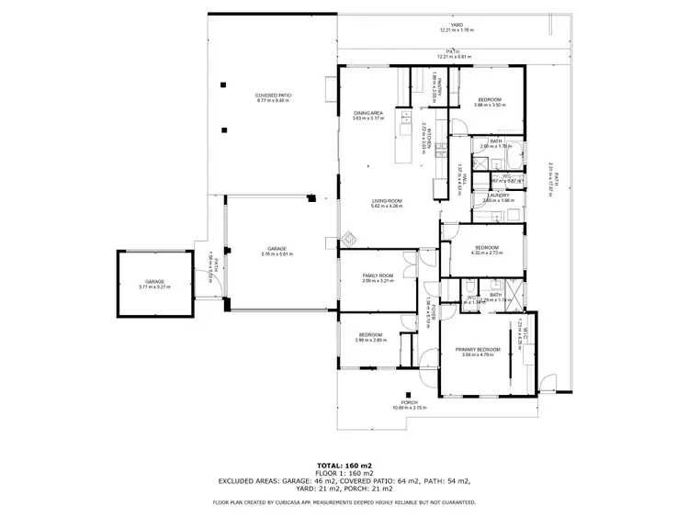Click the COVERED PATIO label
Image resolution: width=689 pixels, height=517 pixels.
pyautogui.click(x=272, y=96)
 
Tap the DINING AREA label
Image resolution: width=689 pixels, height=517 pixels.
pyautogui.click(x=367, y=112)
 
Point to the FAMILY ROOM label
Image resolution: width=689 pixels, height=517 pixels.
pyautogui.click(x=378, y=275)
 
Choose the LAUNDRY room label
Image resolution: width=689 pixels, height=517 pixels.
pyautogui.click(x=499, y=195)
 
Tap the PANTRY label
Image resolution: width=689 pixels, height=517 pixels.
pyautogui.click(x=440, y=84)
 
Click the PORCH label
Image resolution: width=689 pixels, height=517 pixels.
pyautogui.click(x=410, y=402)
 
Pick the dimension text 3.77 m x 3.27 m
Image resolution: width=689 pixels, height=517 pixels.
pyautogui.click(x=154, y=287)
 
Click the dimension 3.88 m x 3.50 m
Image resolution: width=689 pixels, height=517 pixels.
pyautogui.click(x=489, y=105)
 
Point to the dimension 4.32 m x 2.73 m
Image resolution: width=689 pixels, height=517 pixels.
pyautogui.click(x=487, y=253)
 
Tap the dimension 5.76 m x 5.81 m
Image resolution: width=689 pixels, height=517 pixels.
pyautogui.click(x=277, y=254)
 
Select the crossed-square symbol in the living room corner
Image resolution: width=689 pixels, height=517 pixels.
pyautogui.click(x=349, y=238)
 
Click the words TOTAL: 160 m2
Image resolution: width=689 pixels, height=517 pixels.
pyautogui.click(x=344, y=466)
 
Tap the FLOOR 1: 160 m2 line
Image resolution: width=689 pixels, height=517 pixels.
pyautogui.click(x=344, y=473)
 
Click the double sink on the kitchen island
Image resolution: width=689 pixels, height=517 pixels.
pyautogui.click(x=405, y=117)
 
